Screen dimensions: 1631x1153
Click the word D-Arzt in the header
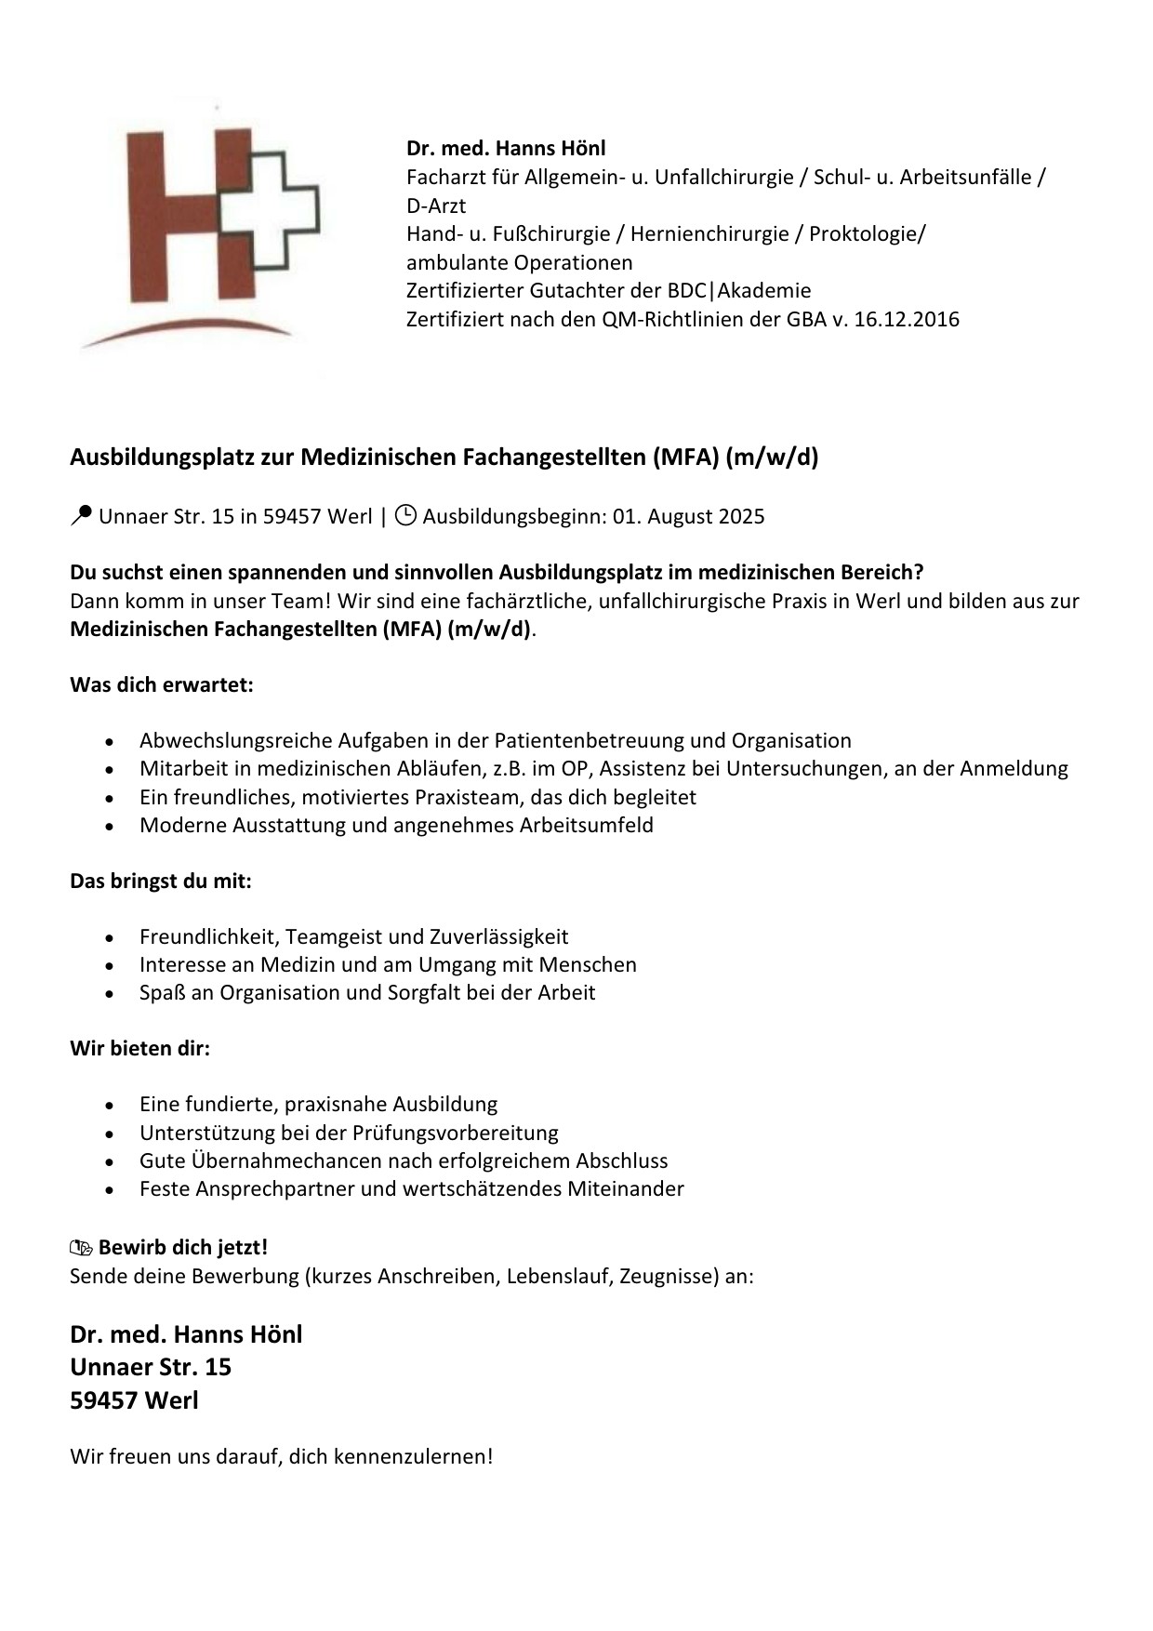click(436, 206)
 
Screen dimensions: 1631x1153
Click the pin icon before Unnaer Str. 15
click(81, 515)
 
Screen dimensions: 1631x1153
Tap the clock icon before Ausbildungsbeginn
click(405, 515)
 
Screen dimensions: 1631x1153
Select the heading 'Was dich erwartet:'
click(162, 685)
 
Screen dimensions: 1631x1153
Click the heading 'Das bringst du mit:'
click(161, 881)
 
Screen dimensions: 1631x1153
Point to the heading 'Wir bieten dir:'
click(140, 1049)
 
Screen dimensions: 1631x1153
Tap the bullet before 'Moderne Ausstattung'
click(111, 826)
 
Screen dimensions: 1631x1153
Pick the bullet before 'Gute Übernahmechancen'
click(111, 1161)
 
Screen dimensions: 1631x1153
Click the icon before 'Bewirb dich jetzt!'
click(82, 1248)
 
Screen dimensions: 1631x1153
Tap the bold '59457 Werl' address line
click(134, 1400)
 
